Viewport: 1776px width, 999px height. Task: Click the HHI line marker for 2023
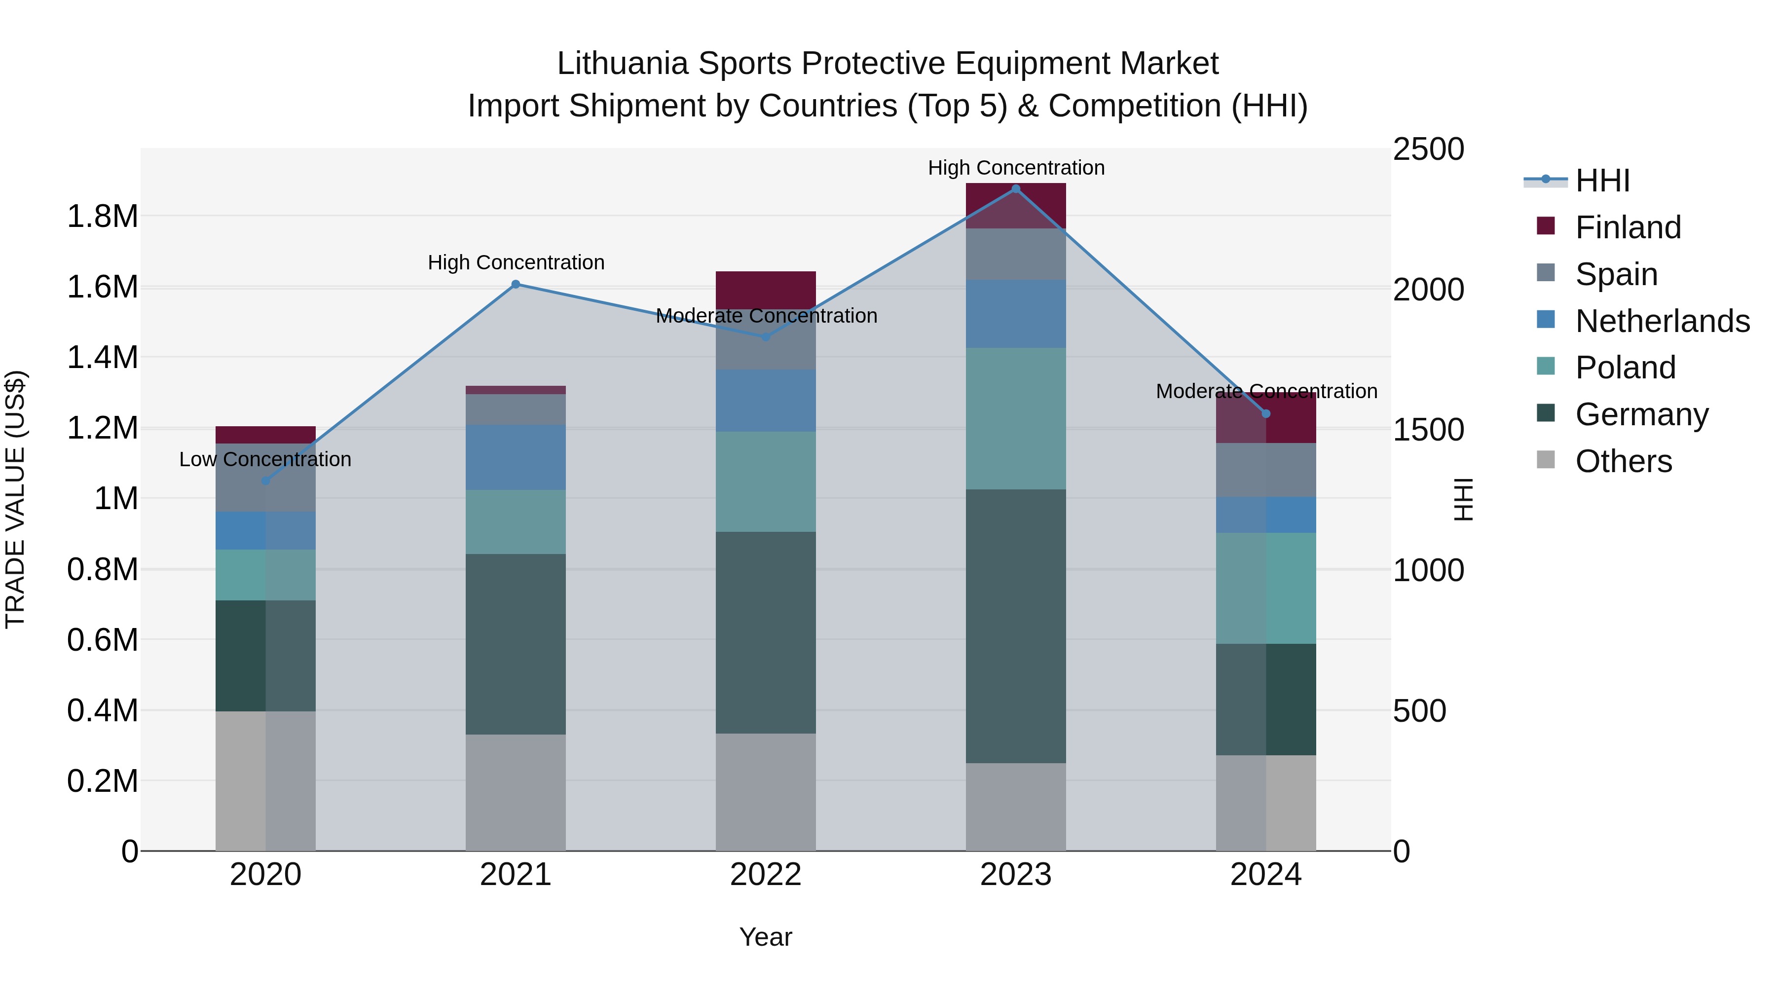(1016, 189)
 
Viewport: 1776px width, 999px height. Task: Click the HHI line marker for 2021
(516, 284)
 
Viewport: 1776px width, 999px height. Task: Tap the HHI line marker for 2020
(265, 481)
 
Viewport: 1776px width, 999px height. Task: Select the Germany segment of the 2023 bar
(1016, 626)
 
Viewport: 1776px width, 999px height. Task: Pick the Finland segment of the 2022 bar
(765, 290)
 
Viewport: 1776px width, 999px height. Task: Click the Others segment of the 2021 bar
(516, 792)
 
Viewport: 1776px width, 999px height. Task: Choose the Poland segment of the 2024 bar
(1266, 588)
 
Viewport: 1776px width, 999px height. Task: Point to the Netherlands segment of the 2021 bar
(516, 457)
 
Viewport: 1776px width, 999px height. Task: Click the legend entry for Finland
(1627, 227)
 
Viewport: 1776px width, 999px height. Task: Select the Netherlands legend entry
(1662, 321)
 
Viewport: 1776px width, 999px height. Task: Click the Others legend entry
(1623, 461)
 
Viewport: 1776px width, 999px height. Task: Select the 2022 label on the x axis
(765, 875)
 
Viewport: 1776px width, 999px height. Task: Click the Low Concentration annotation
(265, 459)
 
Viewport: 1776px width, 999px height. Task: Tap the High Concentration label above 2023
(1016, 168)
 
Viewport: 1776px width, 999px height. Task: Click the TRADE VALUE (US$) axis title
(15, 499)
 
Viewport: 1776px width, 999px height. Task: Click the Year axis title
(765, 937)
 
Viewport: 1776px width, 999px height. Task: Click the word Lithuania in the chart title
(622, 64)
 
